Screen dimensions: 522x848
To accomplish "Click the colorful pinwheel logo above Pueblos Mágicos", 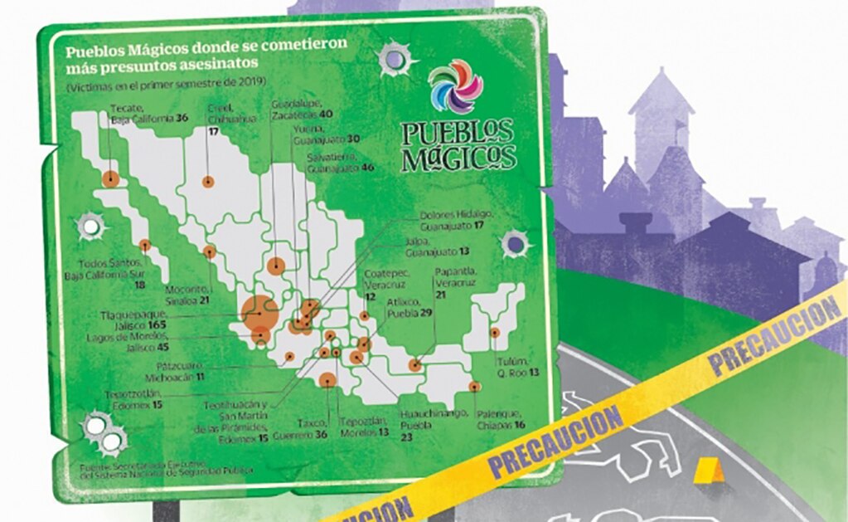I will (x=455, y=86).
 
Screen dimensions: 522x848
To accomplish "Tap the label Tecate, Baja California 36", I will (x=147, y=114).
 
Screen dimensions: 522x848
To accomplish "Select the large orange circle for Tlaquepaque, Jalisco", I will (x=259, y=312).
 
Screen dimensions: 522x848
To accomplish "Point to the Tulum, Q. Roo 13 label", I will (x=517, y=368).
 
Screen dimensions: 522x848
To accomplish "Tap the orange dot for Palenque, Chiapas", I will (x=474, y=386).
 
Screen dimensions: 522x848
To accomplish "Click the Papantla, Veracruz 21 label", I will (x=453, y=283).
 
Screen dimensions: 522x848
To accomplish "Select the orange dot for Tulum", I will (x=495, y=333).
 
